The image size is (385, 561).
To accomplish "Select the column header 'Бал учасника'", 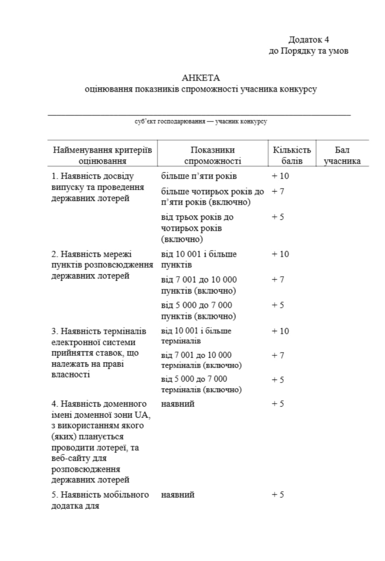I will point(342,155).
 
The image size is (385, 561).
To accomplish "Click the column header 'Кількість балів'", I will point(292,155).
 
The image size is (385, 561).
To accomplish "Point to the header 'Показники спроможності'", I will point(212,155).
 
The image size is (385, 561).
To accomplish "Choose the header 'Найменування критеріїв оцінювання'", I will point(103,155).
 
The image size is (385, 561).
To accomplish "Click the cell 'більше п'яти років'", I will point(199,176).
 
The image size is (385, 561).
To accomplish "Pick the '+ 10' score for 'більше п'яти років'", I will point(280,176).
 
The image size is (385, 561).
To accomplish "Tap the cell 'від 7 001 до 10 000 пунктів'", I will point(199,285).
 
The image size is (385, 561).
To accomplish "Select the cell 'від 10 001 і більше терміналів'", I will point(196,336).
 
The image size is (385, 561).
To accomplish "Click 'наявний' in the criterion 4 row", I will point(178,404).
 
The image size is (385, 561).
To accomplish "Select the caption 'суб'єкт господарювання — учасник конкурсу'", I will point(201,121).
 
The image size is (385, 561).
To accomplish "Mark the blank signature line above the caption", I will point(199,114).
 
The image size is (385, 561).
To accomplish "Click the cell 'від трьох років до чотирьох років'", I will point(197,228).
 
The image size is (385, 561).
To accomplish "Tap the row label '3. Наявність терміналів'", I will point(99,331).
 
